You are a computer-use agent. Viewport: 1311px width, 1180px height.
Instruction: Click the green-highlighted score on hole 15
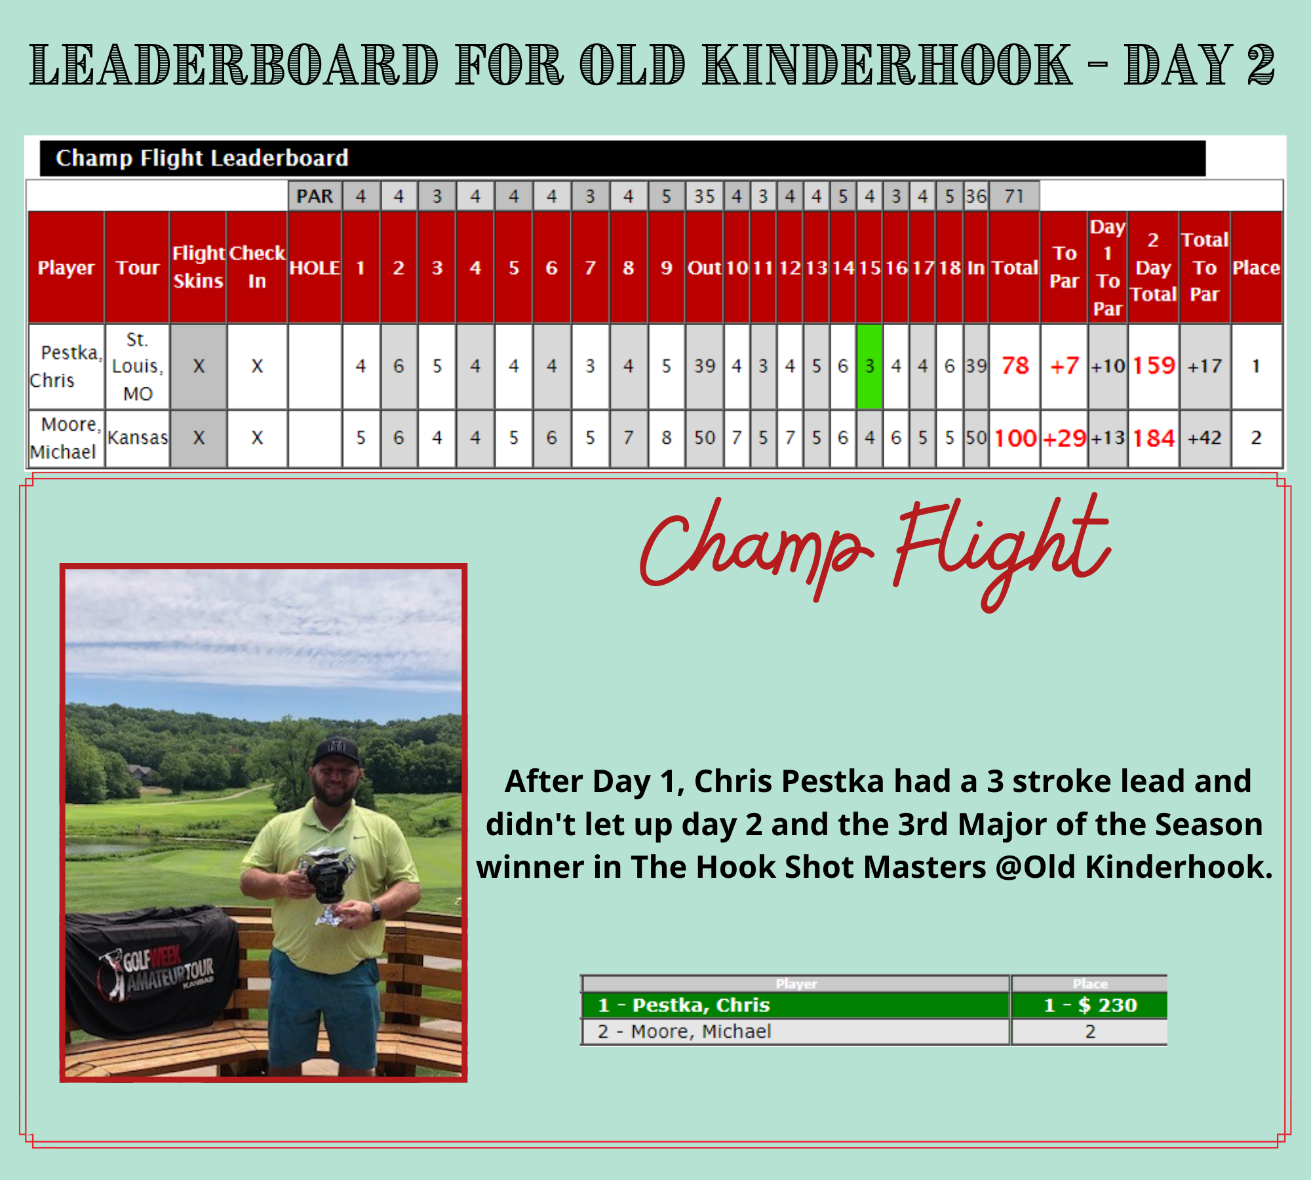point(869,366)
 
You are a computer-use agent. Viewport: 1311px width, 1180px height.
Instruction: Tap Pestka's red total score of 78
point(1015,366)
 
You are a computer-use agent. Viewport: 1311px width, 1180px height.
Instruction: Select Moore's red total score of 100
point(1015,438)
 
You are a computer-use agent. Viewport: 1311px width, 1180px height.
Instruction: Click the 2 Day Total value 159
point(1154,366)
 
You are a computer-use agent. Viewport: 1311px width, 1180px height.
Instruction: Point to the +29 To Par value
point(1065,438)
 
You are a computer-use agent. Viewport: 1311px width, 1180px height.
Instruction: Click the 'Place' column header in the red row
point(1256,267)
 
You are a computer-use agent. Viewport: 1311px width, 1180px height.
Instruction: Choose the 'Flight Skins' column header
point(199,267)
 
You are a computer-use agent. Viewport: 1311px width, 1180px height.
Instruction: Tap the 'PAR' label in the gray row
point(315,196)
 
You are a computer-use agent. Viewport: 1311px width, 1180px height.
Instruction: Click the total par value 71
point(1014,196)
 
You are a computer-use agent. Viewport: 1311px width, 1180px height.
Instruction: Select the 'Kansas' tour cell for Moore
point(138,438)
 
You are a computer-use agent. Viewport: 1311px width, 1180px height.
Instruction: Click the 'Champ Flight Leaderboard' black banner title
point(202,158)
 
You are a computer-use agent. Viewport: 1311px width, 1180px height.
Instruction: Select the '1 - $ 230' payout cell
point(1090,1005)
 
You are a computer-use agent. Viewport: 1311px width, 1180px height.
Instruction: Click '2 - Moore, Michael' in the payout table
point(684,1032)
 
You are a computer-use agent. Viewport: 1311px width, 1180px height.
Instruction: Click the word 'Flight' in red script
point(1003,551)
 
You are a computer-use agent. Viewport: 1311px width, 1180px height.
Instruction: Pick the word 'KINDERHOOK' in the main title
point(888,64)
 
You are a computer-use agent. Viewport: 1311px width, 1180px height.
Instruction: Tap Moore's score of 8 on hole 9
point(667,438)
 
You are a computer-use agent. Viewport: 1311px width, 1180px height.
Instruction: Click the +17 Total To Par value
point(1205,366)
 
